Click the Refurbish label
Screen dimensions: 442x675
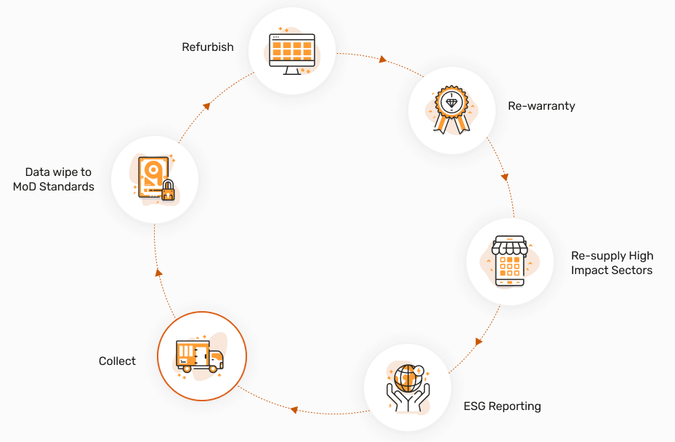coord(208,47)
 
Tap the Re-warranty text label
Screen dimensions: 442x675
coord(541,106)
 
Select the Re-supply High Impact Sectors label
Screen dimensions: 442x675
coord(612,263)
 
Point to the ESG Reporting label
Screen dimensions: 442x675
coord(502,406)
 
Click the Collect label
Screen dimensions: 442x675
coord(117,361)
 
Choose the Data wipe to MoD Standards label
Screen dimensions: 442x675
coord(54,180)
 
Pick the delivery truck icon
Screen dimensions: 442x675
coord(199,356)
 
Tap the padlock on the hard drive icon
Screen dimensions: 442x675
coord(168,191)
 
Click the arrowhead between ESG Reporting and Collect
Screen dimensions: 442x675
coord(294,410)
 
